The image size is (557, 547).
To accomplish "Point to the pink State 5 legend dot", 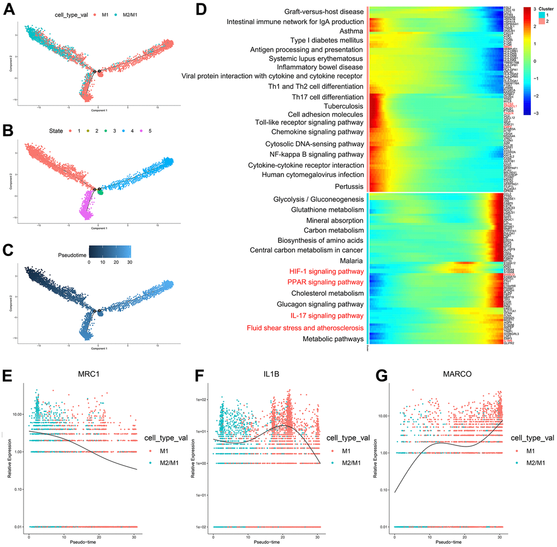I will point(144,132).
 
